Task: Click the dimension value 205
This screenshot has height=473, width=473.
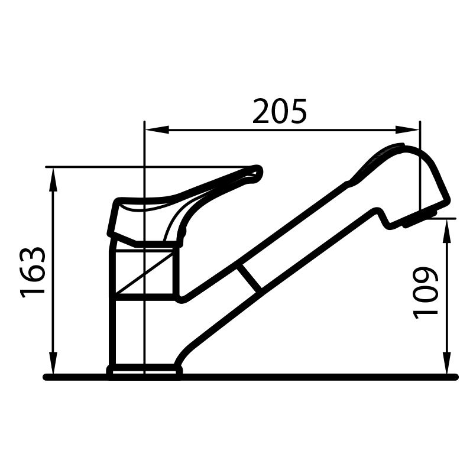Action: (x=280, y=112)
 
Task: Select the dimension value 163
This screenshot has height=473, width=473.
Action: (x=34, y=272)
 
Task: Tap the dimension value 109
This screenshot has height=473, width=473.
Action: (x=426, y=293)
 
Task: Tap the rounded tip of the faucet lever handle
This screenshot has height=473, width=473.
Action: (x=255, y=171)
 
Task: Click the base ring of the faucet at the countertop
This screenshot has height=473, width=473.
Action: (x=144, y=371)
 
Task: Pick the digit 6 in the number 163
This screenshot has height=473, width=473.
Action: (x=34, y=272)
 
